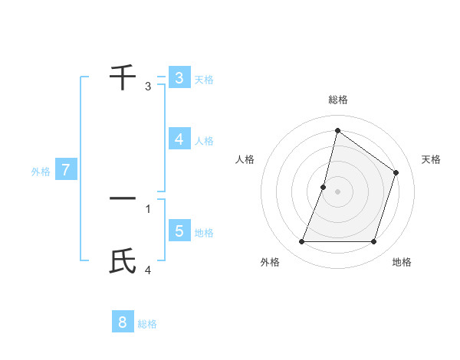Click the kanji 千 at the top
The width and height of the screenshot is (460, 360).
pyautogui.click(x=123, y=77)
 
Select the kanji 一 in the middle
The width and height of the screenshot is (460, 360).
pyautogui.click(x=123, y=198)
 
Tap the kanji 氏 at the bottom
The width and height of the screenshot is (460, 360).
pyautogui.click(x=123, y=261)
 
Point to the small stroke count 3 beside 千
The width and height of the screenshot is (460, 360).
pyautogui.click(x=148, y=87)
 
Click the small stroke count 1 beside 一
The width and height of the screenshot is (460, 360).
pyautogui.click(x=148, y=208)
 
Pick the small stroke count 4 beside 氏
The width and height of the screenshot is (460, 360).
pyautogui.click(x=148, y=270)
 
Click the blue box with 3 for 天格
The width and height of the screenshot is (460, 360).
pyautogui.click(x=179, y=78)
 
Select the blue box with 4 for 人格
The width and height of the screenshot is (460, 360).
pyautogui.click(x=179, y=139)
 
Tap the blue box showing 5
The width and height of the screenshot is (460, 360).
pyautogui.click(x=179, y=231)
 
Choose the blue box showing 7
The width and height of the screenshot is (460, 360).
pyautogui.click(x=66, y=170)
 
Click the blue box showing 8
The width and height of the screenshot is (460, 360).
pyautogui.click(x=123, y=322)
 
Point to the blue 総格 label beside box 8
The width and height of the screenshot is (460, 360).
pyautogui.click(x=147, y=324)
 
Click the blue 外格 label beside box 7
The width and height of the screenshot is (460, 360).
pyautogui.click(x=41, y=172)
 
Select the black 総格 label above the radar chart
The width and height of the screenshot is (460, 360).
pyautogui.click(x=337, y=100)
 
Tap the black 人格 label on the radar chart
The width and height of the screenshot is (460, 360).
pyautogui.click(x=245, y=159)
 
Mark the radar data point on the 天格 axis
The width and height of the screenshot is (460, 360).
pyautogui.click(x=396, y=172)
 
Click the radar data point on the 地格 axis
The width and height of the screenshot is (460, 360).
pyautogui.click(x=373, y=242)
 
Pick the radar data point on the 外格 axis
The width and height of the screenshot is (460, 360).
pyautogui.click(x=301, y=242)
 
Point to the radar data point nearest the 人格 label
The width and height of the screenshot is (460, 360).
pyautogui.click(x=324, y=187)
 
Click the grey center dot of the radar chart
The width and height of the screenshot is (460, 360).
pyautogui.click(x=337, y=191)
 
